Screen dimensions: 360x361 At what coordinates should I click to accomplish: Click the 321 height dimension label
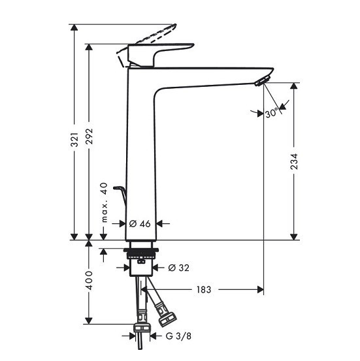pyautogui.click(x=74, y=140)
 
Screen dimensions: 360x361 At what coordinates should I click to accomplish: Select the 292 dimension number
pyautogui.click(x=89, y=136)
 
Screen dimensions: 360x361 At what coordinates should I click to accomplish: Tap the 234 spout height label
pyautogui.click(x=294, y=162)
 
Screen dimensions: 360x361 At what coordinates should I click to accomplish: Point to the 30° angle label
pyautogui.click(x=272, y=114)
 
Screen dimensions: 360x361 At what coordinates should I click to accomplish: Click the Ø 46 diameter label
pyautogui.click(x=140, y=223)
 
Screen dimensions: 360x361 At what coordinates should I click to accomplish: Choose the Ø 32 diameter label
pyautogui.click(x=178, y=268)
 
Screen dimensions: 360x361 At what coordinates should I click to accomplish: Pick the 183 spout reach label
pyautogui.click(x=204, y=290)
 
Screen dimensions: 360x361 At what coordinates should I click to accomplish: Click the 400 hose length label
pyautogui.click(x=89, y=281)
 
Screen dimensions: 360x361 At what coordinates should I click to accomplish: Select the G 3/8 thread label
pyautogui.click(x=178, y=336)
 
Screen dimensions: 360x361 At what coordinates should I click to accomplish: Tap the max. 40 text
pyautogui.click(x=104, y=202)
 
